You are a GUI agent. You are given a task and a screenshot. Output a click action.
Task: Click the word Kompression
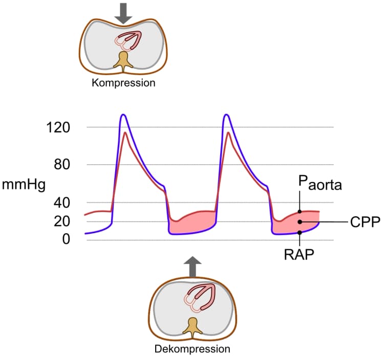123,83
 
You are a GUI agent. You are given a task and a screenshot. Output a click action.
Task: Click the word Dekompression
192,349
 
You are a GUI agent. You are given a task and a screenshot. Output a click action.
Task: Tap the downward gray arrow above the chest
123,14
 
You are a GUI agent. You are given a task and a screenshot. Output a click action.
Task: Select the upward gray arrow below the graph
193,266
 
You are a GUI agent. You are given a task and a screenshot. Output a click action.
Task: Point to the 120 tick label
58,128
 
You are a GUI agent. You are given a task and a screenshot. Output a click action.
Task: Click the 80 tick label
62,165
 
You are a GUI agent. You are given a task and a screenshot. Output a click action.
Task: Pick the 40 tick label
62,202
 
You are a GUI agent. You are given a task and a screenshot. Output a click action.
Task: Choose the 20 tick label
62,221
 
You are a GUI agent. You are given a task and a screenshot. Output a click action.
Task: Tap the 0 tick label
66,239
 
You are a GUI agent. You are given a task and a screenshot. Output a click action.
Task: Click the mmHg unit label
24,185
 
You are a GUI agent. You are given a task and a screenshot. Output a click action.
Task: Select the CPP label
365,222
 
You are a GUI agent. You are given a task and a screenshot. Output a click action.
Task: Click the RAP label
299,255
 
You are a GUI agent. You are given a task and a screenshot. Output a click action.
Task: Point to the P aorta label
320,183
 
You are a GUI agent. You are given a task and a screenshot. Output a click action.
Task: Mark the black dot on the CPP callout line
300,222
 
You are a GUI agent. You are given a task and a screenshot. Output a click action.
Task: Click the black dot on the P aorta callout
300,212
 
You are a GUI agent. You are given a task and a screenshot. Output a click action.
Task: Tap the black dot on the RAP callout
300,232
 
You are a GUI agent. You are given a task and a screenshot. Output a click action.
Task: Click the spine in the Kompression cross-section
123,61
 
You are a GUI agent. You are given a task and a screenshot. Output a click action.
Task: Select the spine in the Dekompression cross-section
193,327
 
